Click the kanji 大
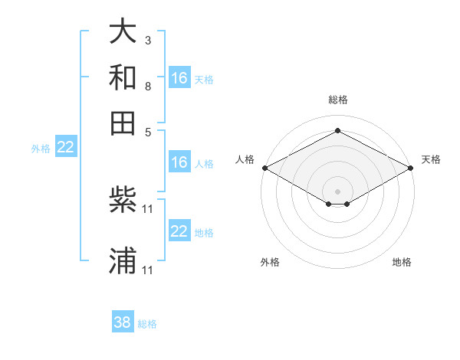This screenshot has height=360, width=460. (123, 32)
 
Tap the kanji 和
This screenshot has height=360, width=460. (123, 78)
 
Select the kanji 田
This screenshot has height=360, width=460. (123, 123)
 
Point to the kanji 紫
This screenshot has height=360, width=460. (123, 202)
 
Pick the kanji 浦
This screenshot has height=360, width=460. (123, 260)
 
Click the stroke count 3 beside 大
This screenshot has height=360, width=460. (148, 40)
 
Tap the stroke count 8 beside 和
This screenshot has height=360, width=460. (148, 86)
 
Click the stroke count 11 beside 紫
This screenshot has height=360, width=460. (149, 208)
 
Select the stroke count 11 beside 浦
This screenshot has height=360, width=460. (149, 270)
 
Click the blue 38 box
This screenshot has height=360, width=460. (123, 322)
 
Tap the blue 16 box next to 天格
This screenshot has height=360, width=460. (179, 78)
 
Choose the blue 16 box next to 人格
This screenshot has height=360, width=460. (179, 162)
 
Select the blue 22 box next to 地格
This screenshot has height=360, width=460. (179, 232)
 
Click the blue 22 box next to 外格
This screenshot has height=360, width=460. (65, 148)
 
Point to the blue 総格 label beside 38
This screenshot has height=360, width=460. (147, 324)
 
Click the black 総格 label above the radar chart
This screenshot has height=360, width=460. (337, 100)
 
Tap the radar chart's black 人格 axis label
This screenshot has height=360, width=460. (245, 159)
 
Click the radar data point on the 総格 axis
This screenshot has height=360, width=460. (337, 131)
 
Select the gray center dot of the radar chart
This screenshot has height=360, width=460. (337, 191)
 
